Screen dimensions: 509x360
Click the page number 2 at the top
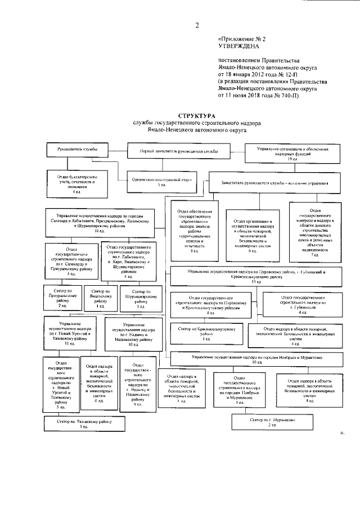coord(198,25)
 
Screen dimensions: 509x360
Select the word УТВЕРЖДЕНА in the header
coord(238,48)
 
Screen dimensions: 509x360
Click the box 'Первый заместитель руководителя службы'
coord(179,152)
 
